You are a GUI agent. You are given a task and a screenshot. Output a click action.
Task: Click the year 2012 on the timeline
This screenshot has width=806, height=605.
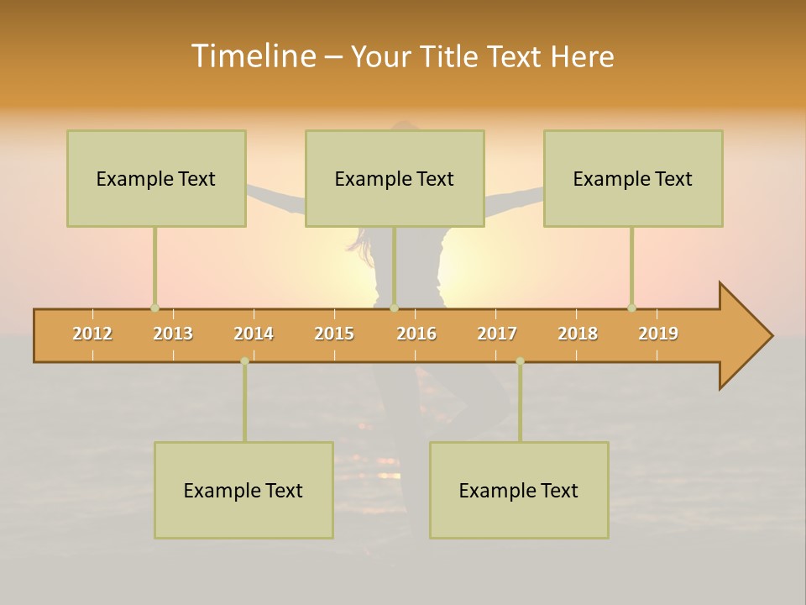click(92, 334)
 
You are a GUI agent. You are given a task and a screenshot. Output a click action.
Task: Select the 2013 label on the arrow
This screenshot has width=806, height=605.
click(173, 334)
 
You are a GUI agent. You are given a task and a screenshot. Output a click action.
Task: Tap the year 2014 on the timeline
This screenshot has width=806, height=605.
click(254, 334)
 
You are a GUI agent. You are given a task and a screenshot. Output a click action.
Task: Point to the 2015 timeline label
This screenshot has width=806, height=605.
click(334, 334)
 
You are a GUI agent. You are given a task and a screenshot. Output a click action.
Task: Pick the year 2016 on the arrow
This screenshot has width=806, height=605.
click(416, 334)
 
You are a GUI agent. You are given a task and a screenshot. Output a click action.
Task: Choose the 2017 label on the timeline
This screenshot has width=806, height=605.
click(497, 334)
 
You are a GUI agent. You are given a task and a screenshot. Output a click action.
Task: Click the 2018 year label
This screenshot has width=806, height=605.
click(578, 334)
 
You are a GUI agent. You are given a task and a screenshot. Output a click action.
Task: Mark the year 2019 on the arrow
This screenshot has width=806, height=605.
click(658, 334)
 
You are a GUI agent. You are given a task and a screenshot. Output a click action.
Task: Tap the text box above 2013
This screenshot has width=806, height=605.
click(156, 179)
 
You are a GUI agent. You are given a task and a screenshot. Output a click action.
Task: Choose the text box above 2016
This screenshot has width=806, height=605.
click(395, 179)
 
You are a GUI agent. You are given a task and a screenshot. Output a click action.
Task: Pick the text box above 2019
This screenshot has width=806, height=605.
click(633, 179)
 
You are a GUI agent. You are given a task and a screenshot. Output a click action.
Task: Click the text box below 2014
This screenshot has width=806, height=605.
click(243, 491)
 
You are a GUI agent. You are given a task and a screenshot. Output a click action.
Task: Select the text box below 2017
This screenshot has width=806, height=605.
click(519, 491)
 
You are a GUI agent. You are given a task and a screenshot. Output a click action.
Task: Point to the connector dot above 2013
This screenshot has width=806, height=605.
click(154, 308)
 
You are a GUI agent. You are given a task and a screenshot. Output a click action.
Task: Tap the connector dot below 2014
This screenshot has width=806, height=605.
click(244, 361)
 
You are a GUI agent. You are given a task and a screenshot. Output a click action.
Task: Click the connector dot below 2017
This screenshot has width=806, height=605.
click(520, 361)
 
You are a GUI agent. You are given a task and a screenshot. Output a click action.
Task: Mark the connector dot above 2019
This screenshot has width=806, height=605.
click(631, 308)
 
